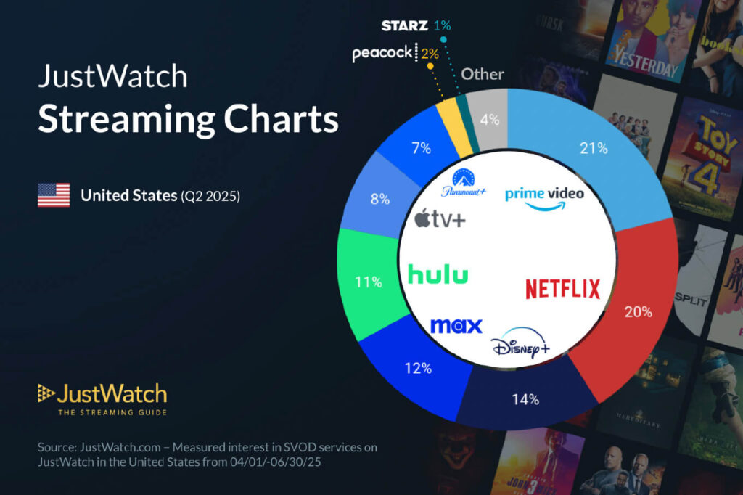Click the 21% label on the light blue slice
592,148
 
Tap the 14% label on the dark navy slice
525,398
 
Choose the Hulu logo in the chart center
438,275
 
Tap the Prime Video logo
544,197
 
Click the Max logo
456,325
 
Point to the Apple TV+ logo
440,217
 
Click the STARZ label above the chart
405,25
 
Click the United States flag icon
54,195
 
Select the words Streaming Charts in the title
188,119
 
